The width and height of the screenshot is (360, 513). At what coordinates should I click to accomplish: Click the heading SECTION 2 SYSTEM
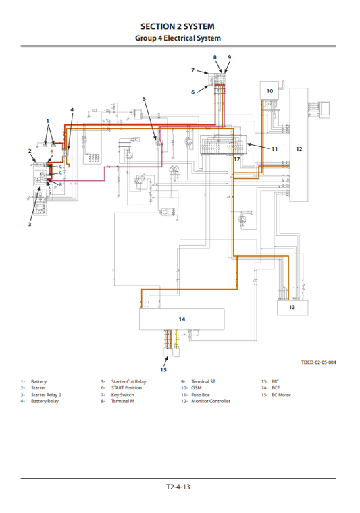coord(180,26)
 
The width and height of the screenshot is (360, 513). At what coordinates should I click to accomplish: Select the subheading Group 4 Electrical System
coord(180,38)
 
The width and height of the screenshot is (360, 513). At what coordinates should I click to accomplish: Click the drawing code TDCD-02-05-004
coord(319,362)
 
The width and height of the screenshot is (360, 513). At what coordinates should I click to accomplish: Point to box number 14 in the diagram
coord(181,319)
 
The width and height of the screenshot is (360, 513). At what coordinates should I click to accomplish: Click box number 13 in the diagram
coord(292,307)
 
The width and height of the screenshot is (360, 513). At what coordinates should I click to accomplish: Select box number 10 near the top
coord(269,90)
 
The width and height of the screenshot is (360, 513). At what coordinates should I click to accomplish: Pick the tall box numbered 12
coord(299,148)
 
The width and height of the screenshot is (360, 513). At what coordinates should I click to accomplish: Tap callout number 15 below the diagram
coord(163,369)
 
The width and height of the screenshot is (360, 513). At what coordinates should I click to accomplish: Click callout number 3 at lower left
coord(30,224)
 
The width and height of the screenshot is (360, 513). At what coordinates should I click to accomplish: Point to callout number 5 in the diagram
coord(144,99)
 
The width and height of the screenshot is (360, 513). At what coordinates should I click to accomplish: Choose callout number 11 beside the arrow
coord(275,148)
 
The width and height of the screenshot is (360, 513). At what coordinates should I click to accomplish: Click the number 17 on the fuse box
coord(236,159)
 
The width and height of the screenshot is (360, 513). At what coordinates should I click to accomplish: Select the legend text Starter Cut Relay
coord(128,381)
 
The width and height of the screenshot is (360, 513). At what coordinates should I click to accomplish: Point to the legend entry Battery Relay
coord(45,401)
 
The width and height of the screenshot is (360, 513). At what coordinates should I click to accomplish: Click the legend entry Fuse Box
coord(201,395)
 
